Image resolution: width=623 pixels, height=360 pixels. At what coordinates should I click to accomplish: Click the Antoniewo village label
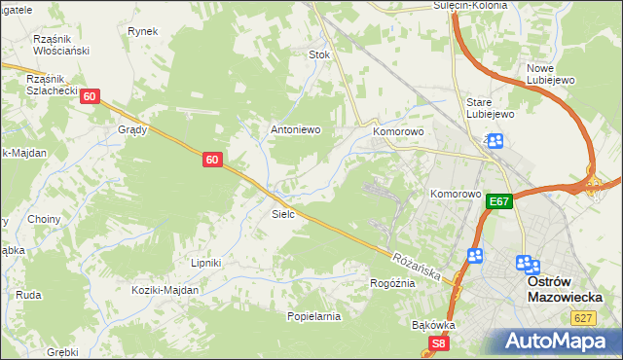[295, 129]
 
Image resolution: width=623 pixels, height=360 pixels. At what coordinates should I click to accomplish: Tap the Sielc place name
[283, 213]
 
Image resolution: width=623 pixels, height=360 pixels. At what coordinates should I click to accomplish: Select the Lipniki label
[206, 263]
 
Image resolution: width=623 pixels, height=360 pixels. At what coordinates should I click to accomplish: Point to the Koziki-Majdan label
[166, 290]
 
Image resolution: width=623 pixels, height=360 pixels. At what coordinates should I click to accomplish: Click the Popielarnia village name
[313, 316]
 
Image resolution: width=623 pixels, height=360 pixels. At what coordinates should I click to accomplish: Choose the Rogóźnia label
[392, 283]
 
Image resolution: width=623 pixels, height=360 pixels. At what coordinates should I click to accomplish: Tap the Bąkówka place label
[434, 324]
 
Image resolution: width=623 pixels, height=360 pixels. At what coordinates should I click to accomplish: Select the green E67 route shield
[499, 201]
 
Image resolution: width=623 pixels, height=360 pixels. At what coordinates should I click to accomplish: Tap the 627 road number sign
[583, 317]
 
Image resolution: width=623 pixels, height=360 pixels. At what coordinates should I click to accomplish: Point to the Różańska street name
[419, 265]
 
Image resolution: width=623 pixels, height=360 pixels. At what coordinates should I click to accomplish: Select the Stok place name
[319, 55]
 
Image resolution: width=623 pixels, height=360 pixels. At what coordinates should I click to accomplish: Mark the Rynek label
[142, 31]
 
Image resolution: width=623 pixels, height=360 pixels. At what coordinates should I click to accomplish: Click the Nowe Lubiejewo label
[553, 74]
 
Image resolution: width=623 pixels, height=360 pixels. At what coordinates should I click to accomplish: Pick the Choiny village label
[45, 220]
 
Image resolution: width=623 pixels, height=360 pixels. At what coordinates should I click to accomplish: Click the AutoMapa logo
[558, 342]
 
